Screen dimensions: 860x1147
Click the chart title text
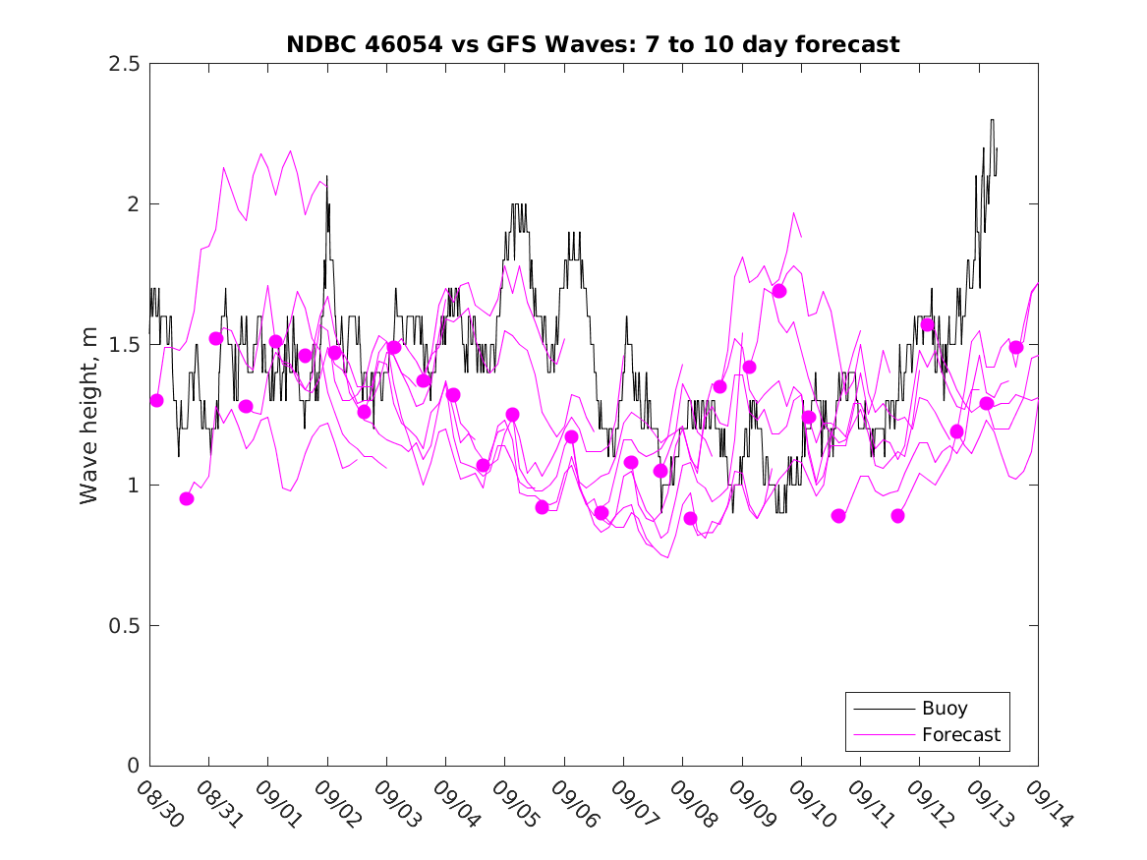pos(593,44)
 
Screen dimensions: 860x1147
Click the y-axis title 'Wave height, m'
pos(89,414)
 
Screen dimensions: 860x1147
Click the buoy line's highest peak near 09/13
pos(992,121)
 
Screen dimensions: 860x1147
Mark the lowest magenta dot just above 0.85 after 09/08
pos(690,518)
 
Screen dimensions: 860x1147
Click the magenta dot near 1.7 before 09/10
pos(779,291)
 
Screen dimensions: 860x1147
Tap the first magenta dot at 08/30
pos(157,400)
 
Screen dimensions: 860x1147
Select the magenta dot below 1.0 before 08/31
pos(187,498)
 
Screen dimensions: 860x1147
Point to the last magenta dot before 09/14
pos(1016,347)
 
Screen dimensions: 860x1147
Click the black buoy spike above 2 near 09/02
pos(326,177)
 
